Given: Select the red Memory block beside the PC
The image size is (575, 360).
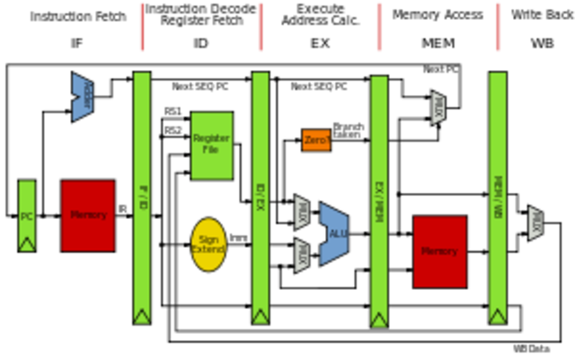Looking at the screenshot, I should pyautogui.click(x=88, y=215).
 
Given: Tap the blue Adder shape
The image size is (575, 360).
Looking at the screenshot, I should pyautogui.click(x=83, y=96).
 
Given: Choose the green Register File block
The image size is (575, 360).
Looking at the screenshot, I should pyautogui.click(x=212, y=145).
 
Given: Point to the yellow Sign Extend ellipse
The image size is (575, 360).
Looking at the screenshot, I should pyautogui.click(x=208, y=244).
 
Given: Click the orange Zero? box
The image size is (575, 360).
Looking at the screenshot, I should pyautogui.click(x=316, y=140).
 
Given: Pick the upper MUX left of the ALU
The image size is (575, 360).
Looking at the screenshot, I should pyautogui.click(x=303, y=213).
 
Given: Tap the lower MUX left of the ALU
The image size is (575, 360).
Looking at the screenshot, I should pyautogui.click(x=303, y=255).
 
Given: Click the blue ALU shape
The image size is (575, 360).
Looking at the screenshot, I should pyautogui.click(x=335, y=233).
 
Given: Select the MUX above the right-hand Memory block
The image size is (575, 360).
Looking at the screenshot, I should pyautogui.click(x=438, y=108).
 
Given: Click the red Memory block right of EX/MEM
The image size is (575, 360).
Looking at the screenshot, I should pyautogui.click(x=440, y=251).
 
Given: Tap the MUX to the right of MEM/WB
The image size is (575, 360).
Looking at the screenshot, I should pyautogui.click(x=536, y=224).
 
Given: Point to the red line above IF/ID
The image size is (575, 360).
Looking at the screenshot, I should pyautogui.click(x=142, y=27).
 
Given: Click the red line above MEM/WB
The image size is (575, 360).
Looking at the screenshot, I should pyautogui.click(x=499, y=27).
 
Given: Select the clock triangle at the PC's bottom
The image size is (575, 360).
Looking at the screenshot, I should pyautogui.click(x=27, y=243).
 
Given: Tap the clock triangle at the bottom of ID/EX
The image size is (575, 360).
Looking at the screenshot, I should pyautogui.click(x=261, y=316).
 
